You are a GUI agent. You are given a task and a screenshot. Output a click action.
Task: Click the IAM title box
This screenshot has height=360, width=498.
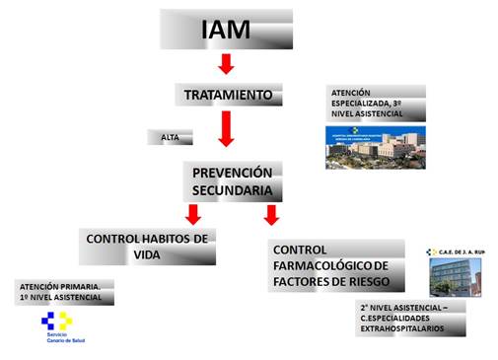226,30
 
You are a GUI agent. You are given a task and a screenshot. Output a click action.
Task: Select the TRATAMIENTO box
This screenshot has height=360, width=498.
228,95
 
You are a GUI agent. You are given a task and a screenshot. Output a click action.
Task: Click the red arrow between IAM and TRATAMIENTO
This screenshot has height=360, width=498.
226,64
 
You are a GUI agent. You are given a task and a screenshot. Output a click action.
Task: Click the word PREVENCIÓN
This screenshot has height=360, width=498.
233,172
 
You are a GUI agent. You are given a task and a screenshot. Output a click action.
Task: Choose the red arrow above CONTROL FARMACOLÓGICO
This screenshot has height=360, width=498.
271,214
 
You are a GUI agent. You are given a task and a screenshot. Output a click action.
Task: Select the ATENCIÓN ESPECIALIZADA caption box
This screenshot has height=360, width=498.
376,103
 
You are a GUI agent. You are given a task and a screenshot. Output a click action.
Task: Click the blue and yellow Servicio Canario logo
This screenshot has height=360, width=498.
56,321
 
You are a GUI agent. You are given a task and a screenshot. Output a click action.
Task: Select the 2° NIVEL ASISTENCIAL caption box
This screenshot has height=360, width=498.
409,319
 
